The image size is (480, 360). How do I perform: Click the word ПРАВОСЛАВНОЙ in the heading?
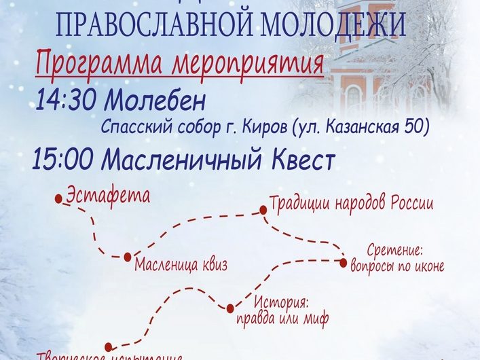[x=138, y=26]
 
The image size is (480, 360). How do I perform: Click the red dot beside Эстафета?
[x=59, y=199]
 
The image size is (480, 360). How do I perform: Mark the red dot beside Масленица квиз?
[x=127, y=257]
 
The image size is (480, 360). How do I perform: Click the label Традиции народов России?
[x=351, y=203]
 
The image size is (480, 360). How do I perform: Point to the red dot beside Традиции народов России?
[x=263, y=211]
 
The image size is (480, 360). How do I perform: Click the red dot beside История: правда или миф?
[x=230, y=308]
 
